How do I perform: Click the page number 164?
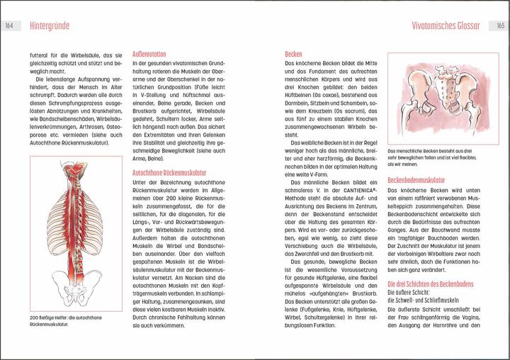(10, 26)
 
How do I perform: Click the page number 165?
(499, 26)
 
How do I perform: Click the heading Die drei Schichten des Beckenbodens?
(433, 283)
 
